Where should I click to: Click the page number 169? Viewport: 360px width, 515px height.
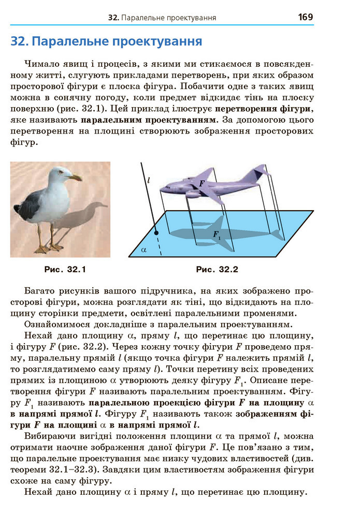[x=305, y=17]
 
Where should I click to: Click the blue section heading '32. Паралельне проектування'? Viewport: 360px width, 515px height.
[x=106, y=41]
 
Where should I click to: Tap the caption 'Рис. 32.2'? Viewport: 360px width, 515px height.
[x=217, y=270]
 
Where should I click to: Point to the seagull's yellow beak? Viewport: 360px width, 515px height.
[x=77, y=178]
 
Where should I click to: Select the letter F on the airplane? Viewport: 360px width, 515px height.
[x=201, y=183]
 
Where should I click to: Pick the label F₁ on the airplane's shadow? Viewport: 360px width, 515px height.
[x=217, y=234]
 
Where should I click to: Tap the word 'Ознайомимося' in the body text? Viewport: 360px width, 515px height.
[x=55, y=325]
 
